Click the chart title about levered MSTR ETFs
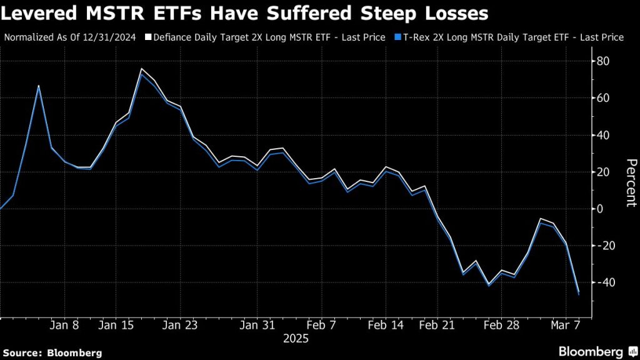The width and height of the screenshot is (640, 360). click(x=244, y=13)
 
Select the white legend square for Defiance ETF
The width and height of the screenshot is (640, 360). click(x=149, y=37)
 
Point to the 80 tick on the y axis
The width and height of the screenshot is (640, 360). click(x=604, y=61)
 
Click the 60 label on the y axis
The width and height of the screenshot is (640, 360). click(x=604, y=98)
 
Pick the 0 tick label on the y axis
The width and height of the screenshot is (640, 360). click(x=601, y=209)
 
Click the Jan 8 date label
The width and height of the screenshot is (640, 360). click(x=64, y=326)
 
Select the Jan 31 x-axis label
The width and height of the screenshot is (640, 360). click(x=257, y=326)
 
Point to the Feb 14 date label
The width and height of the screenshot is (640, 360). click(x=386, y=326)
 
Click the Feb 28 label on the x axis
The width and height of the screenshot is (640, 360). click(x=501, y=326)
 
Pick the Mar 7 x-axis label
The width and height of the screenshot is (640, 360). click(x=565, y=326)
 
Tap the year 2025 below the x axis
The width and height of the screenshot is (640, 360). click(x=296, y=339)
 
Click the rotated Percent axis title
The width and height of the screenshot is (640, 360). click(x=631, y=182)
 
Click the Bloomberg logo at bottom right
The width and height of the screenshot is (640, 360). click(x=597, y=351)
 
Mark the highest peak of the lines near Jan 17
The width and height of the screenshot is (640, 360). click(x=142, y=69)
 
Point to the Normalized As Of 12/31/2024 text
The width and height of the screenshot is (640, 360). click(x=70, y=37)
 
